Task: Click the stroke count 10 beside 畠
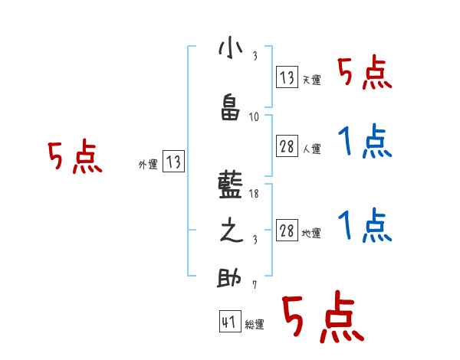coord(255,116)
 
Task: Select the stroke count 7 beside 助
coord(255,285)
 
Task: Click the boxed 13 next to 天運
coord(287,77)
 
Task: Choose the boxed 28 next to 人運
coord(287,147)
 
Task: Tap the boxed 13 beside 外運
coord(173,162)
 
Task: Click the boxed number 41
coord(229,322)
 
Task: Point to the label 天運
coord(311,80)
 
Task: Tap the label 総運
coord(255,325)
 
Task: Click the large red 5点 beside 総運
coord(321,318)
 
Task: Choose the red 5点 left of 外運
coord(74,157)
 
